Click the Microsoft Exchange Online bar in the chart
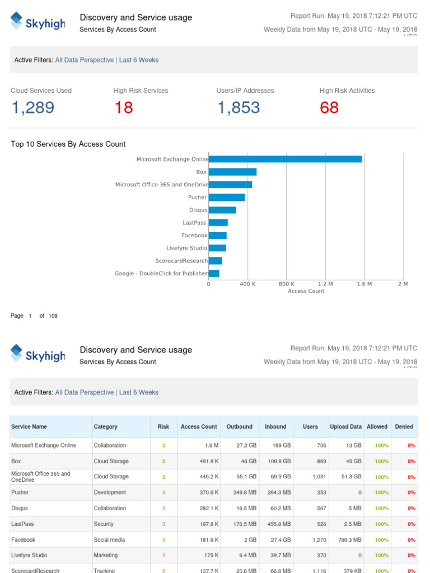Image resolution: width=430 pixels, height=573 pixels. (286, 159)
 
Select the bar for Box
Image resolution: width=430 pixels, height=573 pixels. (232, 172)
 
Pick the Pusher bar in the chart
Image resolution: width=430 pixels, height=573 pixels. (227, 197)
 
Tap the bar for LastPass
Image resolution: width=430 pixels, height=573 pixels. (218, 223)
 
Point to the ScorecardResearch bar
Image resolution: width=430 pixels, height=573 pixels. (216, 261)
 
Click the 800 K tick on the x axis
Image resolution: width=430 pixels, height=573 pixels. (286, 284)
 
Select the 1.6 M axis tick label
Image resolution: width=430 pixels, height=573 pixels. (364, 284)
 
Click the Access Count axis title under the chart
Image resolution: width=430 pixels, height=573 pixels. (306, 291)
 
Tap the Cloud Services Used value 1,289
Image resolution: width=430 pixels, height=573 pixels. (33, 107)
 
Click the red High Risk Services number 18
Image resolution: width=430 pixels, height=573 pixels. (124, 107)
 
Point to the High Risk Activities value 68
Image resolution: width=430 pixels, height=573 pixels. (329, 107)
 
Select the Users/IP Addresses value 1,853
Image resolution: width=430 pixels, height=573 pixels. (239, 107)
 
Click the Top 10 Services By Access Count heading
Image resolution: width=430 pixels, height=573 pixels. (68, 144)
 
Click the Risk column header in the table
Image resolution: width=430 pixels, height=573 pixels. (163, 426)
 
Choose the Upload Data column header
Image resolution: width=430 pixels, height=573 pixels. (345, 426)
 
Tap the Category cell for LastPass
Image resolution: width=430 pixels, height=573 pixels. (104, 524)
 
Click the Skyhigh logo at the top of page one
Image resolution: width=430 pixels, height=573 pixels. (38, 22)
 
